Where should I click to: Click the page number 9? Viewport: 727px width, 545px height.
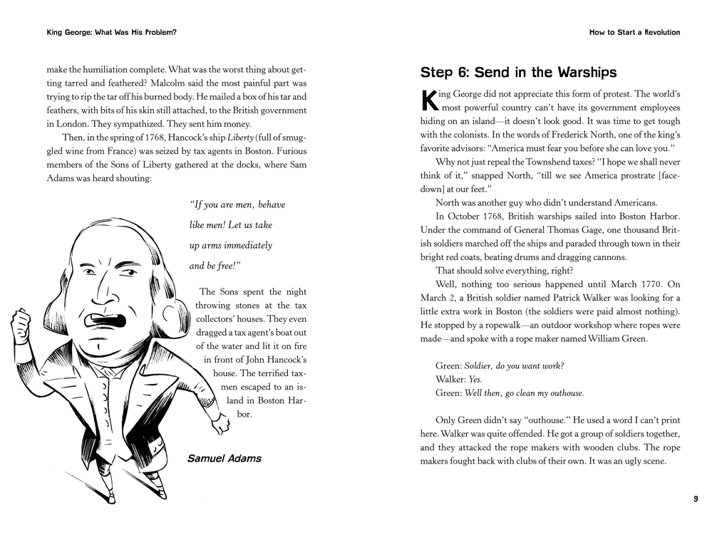[696, 499]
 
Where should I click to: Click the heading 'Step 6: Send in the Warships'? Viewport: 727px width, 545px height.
[518, 73]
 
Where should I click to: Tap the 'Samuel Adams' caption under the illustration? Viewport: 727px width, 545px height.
[224, 458]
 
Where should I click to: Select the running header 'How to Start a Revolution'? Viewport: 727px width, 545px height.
[634, 32]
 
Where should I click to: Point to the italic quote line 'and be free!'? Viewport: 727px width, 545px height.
[215, 266]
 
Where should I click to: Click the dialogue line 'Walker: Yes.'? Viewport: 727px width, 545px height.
[459, 379]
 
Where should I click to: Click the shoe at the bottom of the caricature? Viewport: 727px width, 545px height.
[155, 492]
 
